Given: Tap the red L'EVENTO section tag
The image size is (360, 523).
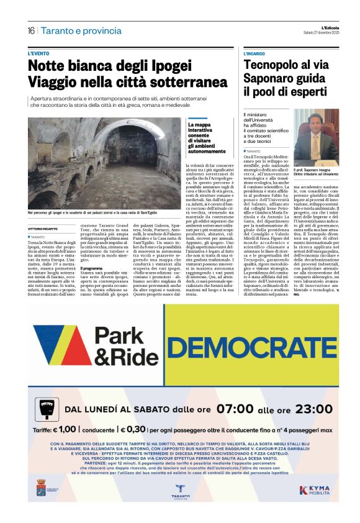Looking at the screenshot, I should tap(39, 54).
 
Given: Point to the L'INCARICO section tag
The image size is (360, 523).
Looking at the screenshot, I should tap(255, 54).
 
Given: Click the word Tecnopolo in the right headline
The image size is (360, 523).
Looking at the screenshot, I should tap(272, 65).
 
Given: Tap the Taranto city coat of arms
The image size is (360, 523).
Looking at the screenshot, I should tap(42, 487).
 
